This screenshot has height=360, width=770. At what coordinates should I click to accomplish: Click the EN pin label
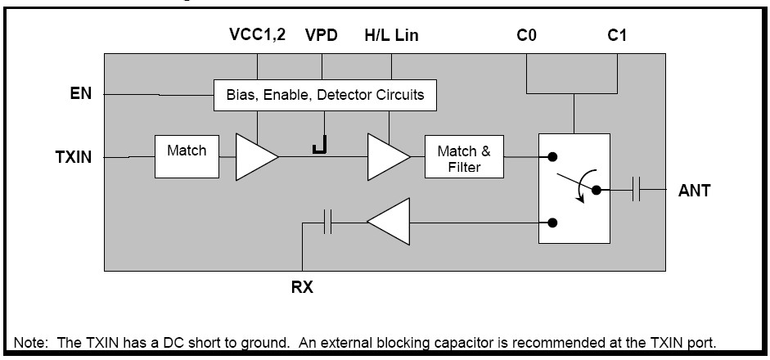point(79,94)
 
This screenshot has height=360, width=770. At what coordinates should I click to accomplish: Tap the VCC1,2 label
point(257,35)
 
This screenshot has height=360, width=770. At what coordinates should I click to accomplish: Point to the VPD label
point(322,35)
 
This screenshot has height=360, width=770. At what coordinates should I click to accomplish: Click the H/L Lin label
point(391,35)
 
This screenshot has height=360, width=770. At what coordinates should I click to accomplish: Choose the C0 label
point(526,35)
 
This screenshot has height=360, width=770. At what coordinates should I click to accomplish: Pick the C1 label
point(617,35)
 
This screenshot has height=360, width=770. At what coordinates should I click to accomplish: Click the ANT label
point(694,191)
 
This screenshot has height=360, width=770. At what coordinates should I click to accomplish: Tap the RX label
point(303,287)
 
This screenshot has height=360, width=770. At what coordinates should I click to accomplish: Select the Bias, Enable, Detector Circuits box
point(325,95)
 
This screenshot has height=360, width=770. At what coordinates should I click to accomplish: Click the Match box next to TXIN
point(187,155)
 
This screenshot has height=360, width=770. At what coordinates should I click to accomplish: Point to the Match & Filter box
point(464,158)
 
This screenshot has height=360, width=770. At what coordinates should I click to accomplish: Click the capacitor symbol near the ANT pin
point(638,191)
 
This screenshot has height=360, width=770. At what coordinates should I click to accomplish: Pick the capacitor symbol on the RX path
point(328,222)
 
